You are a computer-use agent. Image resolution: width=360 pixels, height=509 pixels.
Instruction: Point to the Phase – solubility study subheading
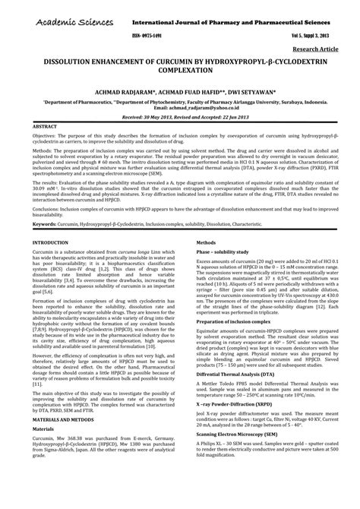click(213, 250)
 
